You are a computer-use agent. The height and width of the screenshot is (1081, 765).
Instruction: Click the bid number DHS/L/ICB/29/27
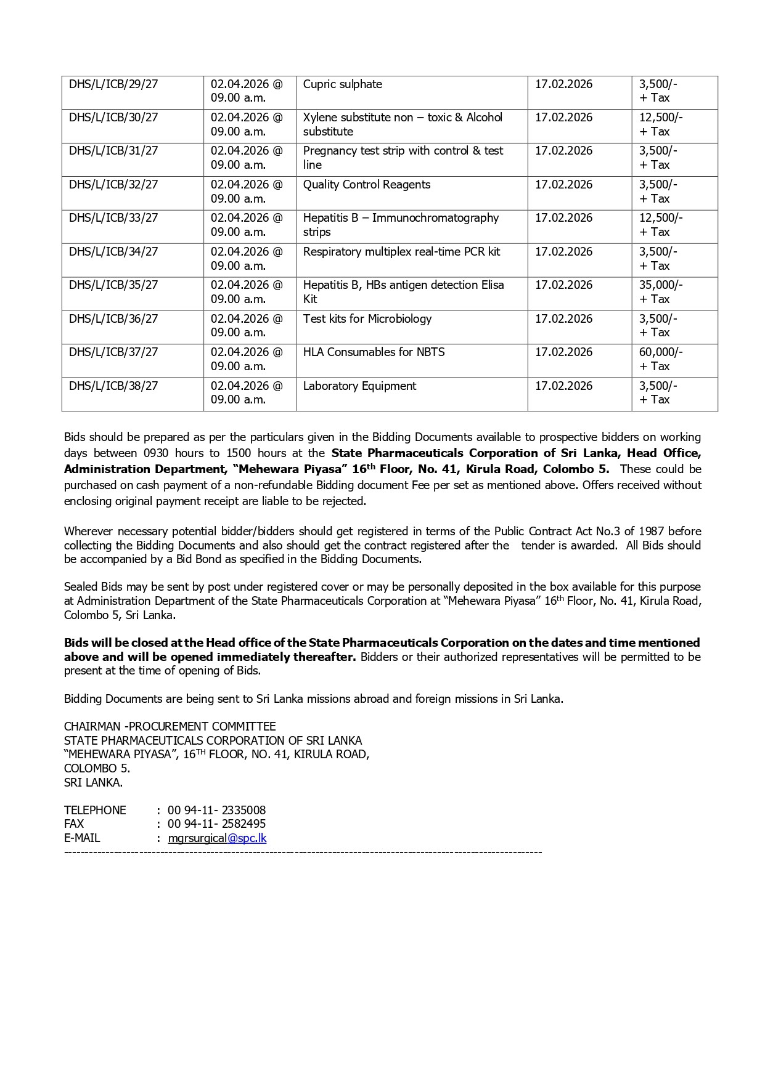coord(113,84)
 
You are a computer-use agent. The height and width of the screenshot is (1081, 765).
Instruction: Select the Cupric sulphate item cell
coord(342,84)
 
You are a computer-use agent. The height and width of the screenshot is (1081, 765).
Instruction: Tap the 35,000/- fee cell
coord(660,285)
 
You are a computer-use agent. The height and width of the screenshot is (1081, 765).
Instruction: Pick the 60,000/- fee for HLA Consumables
coord(660,352)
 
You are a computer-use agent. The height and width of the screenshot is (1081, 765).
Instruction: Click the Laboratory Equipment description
coord(359,386)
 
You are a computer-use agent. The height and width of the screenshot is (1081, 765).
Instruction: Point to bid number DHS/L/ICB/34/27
coord(113,252)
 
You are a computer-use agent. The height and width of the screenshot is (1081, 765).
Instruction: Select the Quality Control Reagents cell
coord(366,185)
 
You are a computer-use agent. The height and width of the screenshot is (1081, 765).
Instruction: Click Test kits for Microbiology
coord(367,319)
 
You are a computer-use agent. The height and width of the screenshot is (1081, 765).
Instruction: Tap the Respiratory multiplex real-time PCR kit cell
coord(401,252)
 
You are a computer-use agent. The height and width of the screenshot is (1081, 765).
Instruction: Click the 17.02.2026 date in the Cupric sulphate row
coord(563,84)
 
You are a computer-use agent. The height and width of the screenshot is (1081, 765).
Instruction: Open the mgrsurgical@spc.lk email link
coord(217,838)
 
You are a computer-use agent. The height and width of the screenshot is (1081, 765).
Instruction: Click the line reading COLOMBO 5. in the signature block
coord(97,769)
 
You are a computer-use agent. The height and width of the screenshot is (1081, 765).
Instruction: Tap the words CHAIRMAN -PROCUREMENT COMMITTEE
coord(170,727)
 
